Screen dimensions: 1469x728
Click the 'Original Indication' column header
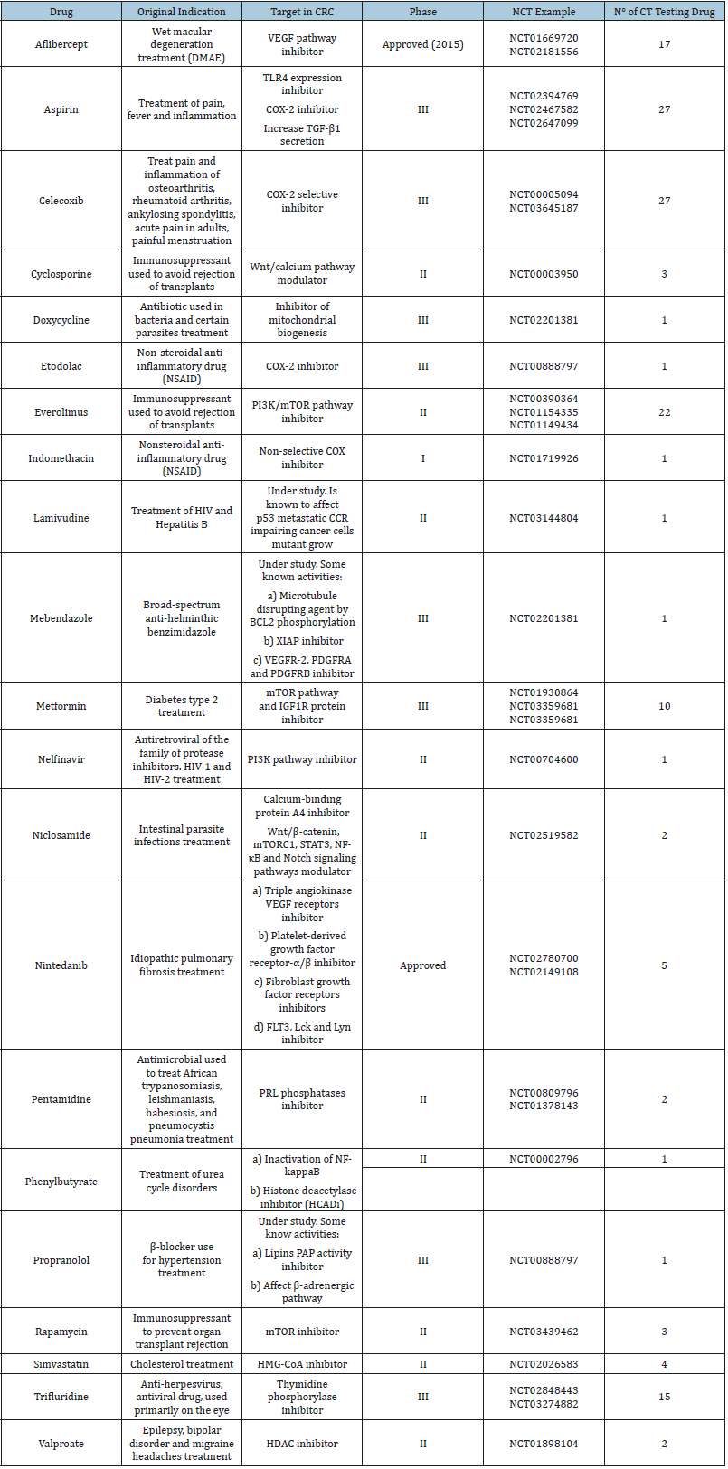point(182,12)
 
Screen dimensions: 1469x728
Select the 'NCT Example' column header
point(544,12)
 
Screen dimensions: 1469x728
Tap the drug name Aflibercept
point(61,44)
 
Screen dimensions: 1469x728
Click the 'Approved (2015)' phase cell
point(422,44)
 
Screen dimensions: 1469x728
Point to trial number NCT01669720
point(544,38)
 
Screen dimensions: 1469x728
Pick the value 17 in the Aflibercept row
point(665,44)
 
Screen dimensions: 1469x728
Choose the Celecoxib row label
point(61,201)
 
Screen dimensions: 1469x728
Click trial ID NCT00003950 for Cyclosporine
point(544,274)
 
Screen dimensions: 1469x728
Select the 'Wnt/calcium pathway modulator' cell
point(302,274)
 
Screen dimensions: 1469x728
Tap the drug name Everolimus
point(61,412)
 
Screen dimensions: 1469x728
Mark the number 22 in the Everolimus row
point(665,412)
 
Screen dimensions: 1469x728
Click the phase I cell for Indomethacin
point(422,458)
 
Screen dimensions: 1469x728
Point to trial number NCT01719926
point(544,458)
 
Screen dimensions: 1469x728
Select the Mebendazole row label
point(61,618)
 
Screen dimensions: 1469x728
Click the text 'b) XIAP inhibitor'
point(302,641)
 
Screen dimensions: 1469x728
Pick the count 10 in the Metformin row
point(665,706)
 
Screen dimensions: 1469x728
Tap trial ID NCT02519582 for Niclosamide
point(544,835)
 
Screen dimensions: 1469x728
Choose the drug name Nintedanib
point(61,965)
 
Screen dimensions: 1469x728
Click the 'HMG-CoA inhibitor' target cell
point(302,1364)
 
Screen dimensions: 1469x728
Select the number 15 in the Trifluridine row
point(665,1397)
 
